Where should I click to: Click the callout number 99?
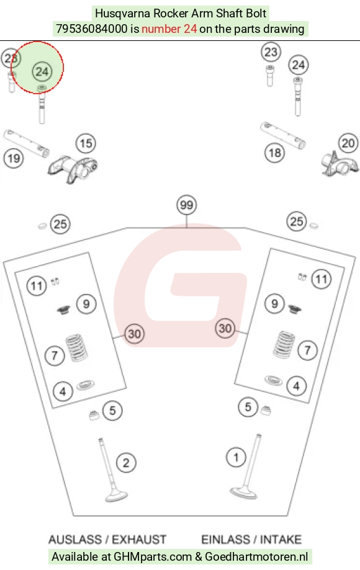point(186,205)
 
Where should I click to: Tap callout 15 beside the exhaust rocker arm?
point(86,144)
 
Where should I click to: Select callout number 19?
point(14,159)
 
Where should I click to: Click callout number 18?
point(274,153)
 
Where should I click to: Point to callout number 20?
point(348,143)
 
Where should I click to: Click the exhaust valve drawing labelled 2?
point(113,471)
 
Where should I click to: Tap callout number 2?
point(126,463)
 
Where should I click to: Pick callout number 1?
point(236,457)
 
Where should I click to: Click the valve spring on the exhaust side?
point(76,348)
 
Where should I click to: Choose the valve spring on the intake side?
point(284,344)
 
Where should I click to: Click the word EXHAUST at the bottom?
point(139,540)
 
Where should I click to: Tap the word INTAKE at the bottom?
point(281,540)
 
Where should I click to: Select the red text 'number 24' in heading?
point(169,29)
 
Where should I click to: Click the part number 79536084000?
point(92,29)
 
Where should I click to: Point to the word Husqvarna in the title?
point(122,14)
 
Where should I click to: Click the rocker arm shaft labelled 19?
point(26,144)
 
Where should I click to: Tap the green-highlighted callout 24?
point(42,71)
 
